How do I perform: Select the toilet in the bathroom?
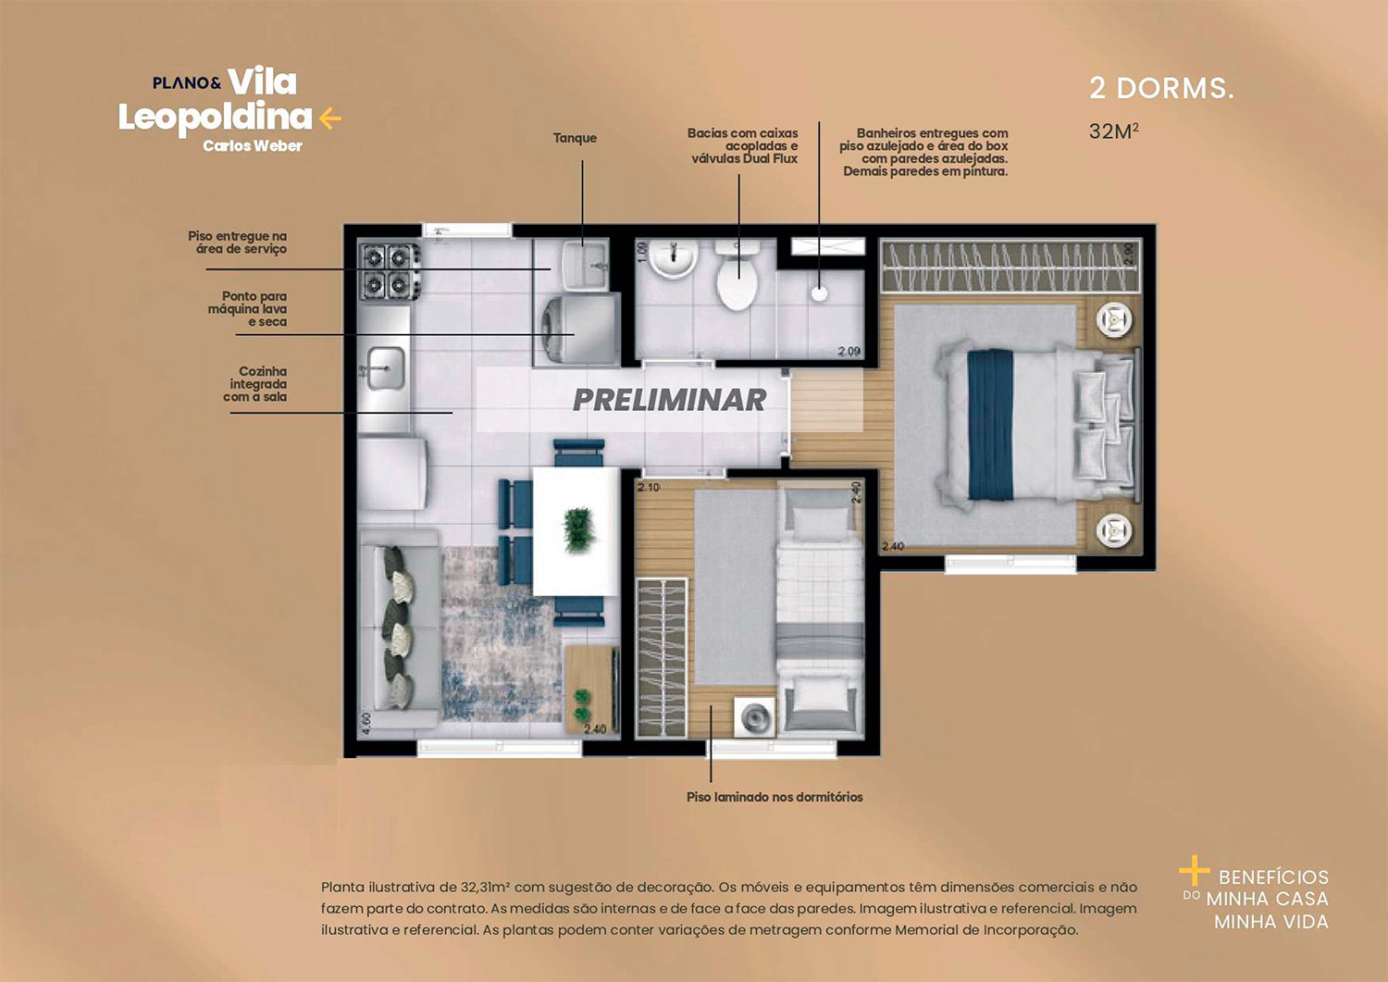[737, 278]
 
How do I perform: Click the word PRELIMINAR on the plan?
[669, 400]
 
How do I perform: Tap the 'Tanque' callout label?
[575, 138]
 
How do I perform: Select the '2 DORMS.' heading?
[1161, 89]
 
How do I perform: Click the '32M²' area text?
[1113, 131]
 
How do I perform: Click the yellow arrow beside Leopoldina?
[330, 118]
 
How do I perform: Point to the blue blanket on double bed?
[990, 424]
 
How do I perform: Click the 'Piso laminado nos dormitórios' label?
[775, 797]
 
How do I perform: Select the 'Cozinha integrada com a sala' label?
[256, 384]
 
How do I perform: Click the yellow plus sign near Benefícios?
[1194, 871]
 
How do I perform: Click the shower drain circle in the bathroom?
[819, 293]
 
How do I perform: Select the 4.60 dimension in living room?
[366, 723]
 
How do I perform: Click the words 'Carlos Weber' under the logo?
[253, 146]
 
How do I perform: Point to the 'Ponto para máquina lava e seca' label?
[248, 309]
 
